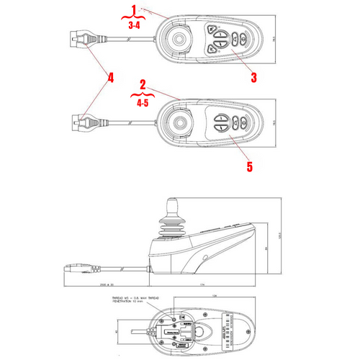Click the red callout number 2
143,84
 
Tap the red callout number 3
253,75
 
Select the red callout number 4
110,76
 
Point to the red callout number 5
250,166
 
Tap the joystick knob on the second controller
177,122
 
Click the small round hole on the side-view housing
205,256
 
